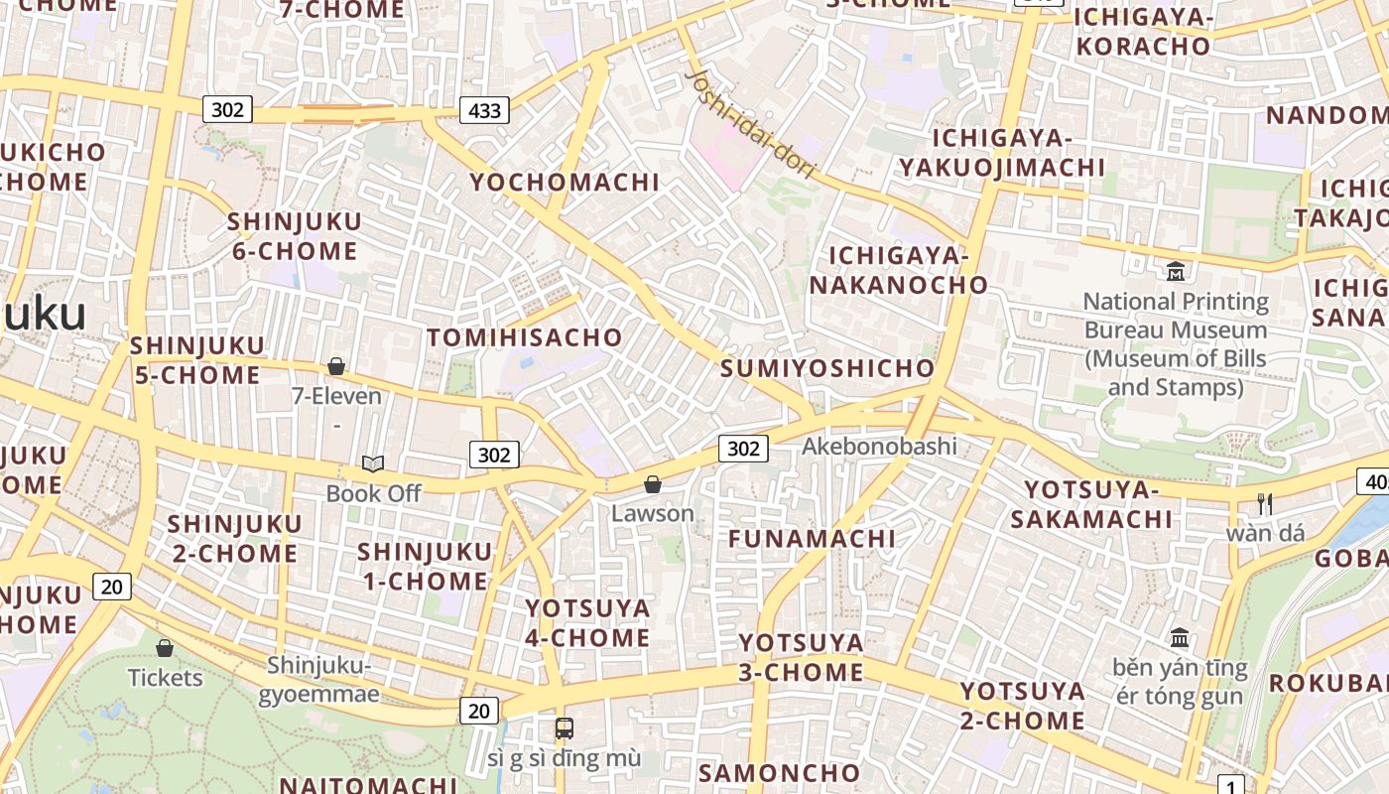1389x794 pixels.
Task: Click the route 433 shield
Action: [x=484, y=110]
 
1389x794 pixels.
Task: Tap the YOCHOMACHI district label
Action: [x=565, y=182]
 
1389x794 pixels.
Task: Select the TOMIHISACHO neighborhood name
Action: [x=525, y=337]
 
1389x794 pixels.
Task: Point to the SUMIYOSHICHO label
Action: [x=827, y=368]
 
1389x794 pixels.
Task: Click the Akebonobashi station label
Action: [x=879, y=446]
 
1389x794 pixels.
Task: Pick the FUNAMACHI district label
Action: [x=812, y=539]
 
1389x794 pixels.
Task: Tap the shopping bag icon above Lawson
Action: [x=653, y=484]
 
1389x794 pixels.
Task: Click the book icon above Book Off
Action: [x=373, y=463]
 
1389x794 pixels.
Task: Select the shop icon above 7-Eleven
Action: [x=336, y=367]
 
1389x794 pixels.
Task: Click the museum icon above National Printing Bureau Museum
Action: [x=1176, y=271]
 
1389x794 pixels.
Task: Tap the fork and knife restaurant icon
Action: [x=1265, y=504]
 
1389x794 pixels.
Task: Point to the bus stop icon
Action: [x=564, y=728]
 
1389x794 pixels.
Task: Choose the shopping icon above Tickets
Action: [x=165, y=648]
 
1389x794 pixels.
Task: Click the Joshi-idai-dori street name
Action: [x=751, y=123]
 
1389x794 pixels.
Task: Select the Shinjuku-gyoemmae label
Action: [x=318, y=679]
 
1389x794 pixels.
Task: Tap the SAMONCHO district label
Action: [x=780, y=773]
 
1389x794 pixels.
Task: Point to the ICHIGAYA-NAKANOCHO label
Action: [x=899, y=271]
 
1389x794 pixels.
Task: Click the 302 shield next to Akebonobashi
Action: [x=743, y=449]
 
